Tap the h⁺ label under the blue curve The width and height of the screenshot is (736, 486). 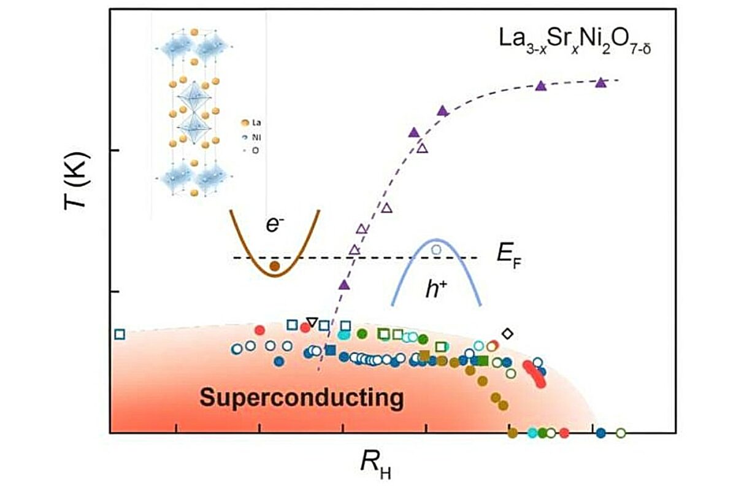436,288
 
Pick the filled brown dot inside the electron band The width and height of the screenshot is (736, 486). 275,266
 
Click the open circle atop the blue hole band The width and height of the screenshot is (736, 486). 437,249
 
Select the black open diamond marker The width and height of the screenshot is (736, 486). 507,333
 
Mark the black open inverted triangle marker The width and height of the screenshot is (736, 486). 312,322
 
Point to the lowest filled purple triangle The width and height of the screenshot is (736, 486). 344,284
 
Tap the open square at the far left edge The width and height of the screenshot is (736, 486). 120,334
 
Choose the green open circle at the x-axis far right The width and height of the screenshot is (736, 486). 621,433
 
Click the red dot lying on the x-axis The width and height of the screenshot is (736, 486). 564,433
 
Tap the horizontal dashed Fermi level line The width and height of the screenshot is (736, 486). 368,258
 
